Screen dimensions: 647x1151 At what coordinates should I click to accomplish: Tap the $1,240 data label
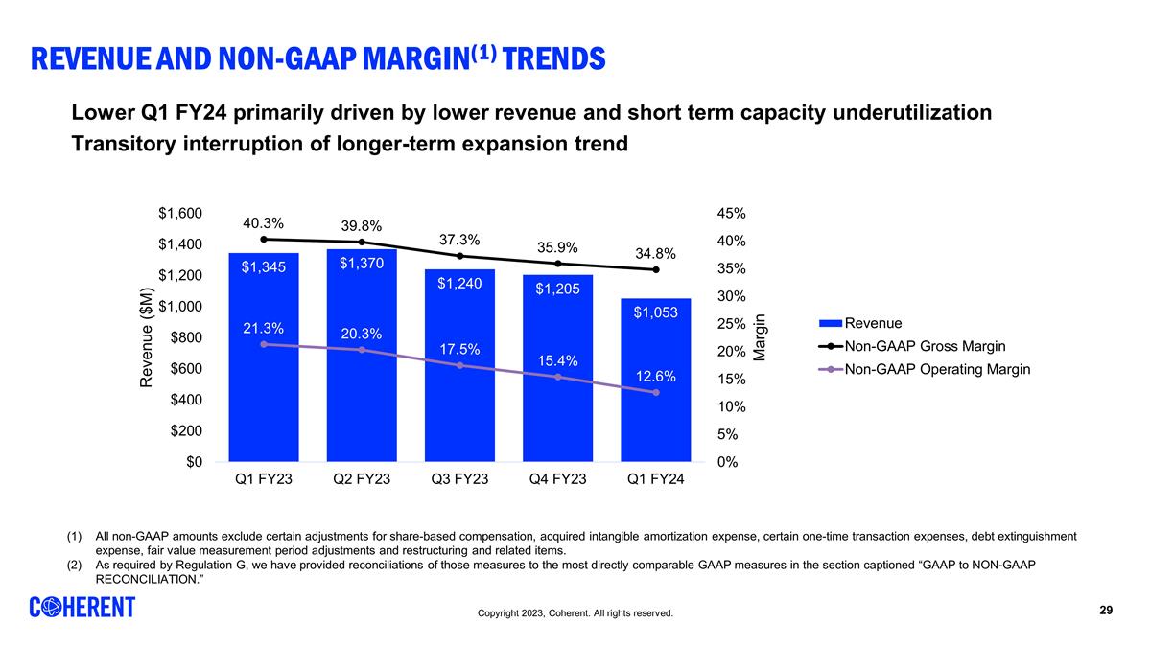tap(459, 284)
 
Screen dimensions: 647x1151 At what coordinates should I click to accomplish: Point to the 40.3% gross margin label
tap(262, 222)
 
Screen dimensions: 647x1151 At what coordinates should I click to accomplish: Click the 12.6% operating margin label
tap(655, 377)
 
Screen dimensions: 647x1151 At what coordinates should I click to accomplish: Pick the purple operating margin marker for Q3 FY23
tap(459, 365)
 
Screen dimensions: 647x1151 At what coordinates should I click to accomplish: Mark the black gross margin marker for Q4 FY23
tap(557, 264)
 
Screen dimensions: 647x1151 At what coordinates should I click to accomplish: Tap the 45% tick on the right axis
tap(732, 214)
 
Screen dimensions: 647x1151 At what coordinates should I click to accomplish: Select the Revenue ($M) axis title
tap(147, 337)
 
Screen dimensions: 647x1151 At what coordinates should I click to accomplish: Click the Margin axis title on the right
tap(760, 337)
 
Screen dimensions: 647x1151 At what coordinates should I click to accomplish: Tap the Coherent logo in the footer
tap(82, 608)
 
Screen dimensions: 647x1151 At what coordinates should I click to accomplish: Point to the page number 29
tap(1105, 611)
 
